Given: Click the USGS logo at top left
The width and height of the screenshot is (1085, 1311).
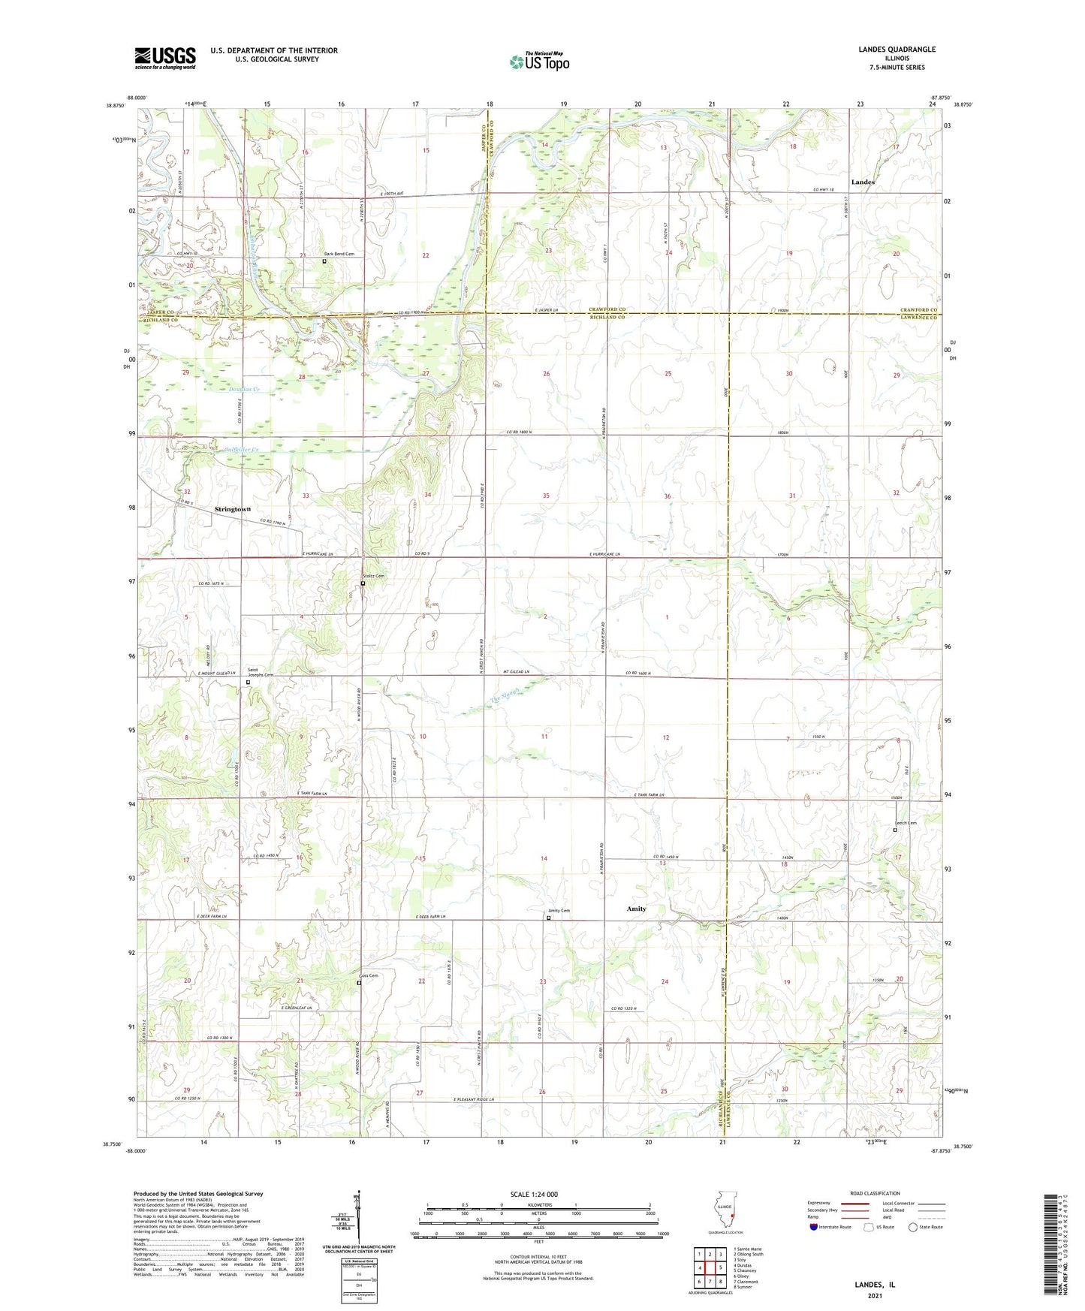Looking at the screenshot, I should click(165, 58).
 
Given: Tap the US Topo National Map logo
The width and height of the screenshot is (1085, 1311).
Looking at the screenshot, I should click(539, 61).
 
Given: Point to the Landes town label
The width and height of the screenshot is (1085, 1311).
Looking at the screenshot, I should click(862, 182).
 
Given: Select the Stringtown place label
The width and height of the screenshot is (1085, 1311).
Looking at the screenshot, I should click(233, 509).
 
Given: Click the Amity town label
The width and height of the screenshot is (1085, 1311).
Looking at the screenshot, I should click(636, 909).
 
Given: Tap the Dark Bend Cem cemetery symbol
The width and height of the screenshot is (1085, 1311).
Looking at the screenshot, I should click(324, 262).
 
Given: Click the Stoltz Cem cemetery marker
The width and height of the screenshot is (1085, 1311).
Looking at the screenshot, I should click(363, 583).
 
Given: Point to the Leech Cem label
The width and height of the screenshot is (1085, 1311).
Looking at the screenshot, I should click(906, 823).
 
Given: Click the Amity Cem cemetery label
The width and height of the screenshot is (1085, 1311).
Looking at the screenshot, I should click(559, 911).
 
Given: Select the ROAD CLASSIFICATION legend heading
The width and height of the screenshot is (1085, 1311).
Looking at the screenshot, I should click(875, 1193).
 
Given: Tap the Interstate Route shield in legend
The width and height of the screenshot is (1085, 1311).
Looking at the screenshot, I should click(813, 1227).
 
